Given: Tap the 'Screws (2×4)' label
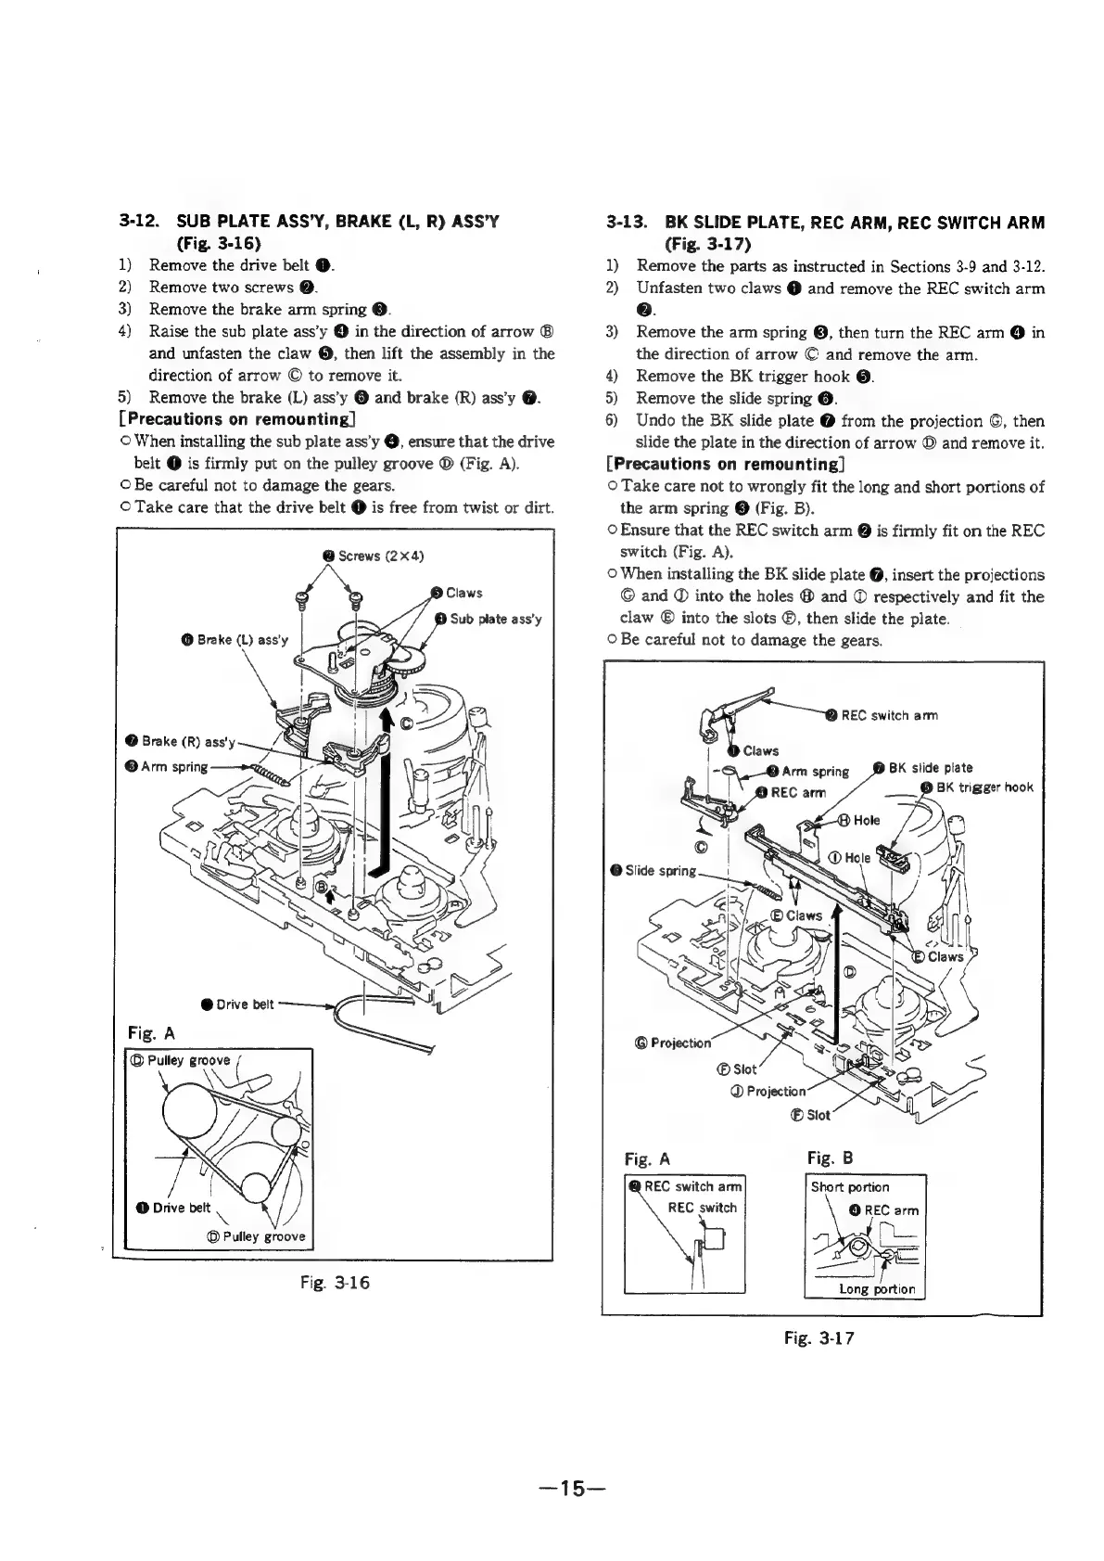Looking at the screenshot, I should pyautogui.click(x=373, y=556).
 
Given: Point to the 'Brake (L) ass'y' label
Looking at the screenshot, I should pyautogui.click(x=240, y=639).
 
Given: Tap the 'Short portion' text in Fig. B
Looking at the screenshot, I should pyautogui.click(x=850, y=1187).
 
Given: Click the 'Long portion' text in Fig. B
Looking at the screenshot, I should pyautogui.click(x=876, y=1288).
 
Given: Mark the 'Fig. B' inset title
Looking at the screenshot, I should pyautogui.click(x=830, y=1158).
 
